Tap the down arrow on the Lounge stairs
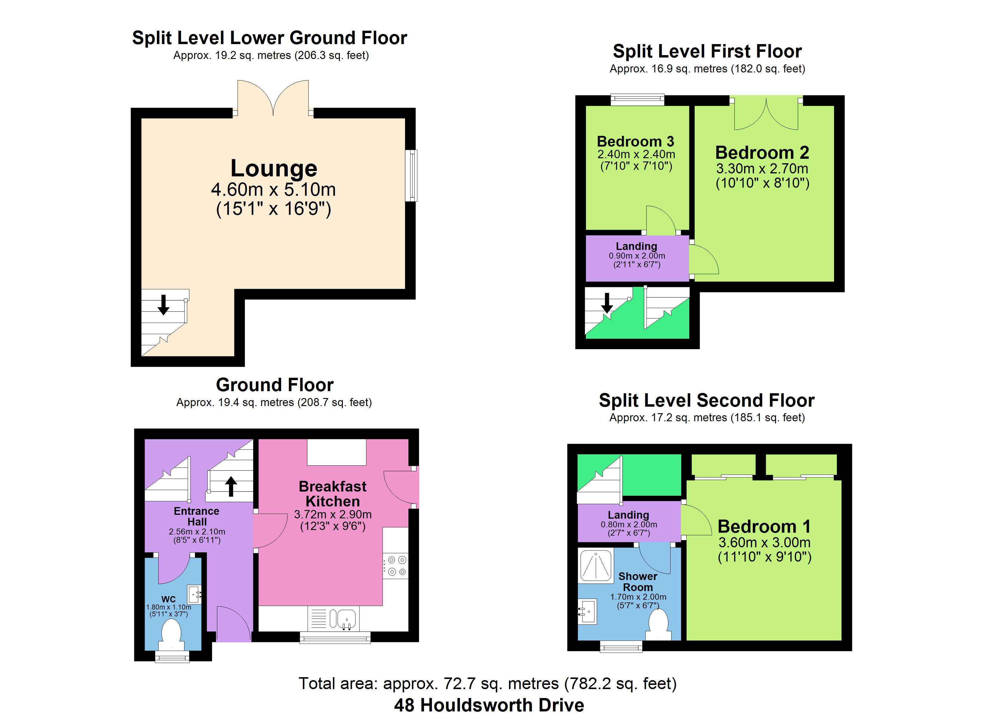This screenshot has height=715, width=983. [x=164, y=304]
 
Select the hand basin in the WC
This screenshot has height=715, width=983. [x=194, y=593]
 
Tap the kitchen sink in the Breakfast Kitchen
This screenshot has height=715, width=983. [x=343, y=619]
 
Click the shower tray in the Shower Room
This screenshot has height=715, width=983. [x=596, y=566]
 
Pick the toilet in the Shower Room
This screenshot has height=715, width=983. [x=658, y=625]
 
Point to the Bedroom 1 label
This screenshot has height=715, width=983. [x=764, y=526]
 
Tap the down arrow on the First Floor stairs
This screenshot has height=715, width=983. [x=607, y=303]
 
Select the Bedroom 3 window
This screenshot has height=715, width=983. [x=637, y=100]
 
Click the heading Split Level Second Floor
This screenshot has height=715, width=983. [x=707, y=400]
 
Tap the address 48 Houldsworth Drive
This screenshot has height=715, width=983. [x=489, y=705]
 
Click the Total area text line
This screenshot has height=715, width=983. [x=488, y=683]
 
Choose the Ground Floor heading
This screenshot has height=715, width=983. [x=275, y=385]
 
